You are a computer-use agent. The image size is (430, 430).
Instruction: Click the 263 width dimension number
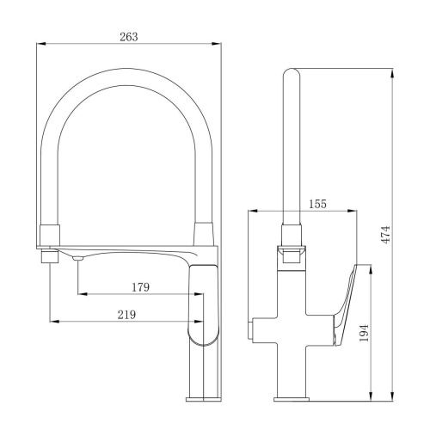pyautogui.click(x=129, y=37)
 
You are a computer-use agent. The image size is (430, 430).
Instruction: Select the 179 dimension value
pyautogui.click(x=140, y=287)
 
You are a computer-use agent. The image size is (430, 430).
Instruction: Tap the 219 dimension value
pyautogui.click(x=126, y=315)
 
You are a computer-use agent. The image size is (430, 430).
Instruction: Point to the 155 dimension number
pyautogui.click(x=317, y=204)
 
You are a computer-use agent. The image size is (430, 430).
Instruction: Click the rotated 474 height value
pyautogui.click(x=387, y=235)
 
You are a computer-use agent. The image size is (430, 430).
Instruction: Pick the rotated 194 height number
pyautogui.click(x=364, y=333)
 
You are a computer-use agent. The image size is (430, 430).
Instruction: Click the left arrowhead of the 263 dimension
pyautogui.click(x=41, y=44)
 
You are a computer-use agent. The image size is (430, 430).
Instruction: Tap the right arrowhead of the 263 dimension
pyautogui.click(x=217, y=44)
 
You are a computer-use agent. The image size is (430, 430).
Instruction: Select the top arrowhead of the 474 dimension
pyautogui.click(x=392, y=73)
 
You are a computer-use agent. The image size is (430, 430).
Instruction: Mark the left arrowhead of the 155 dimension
pyautogui.click(x=252, y=211)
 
